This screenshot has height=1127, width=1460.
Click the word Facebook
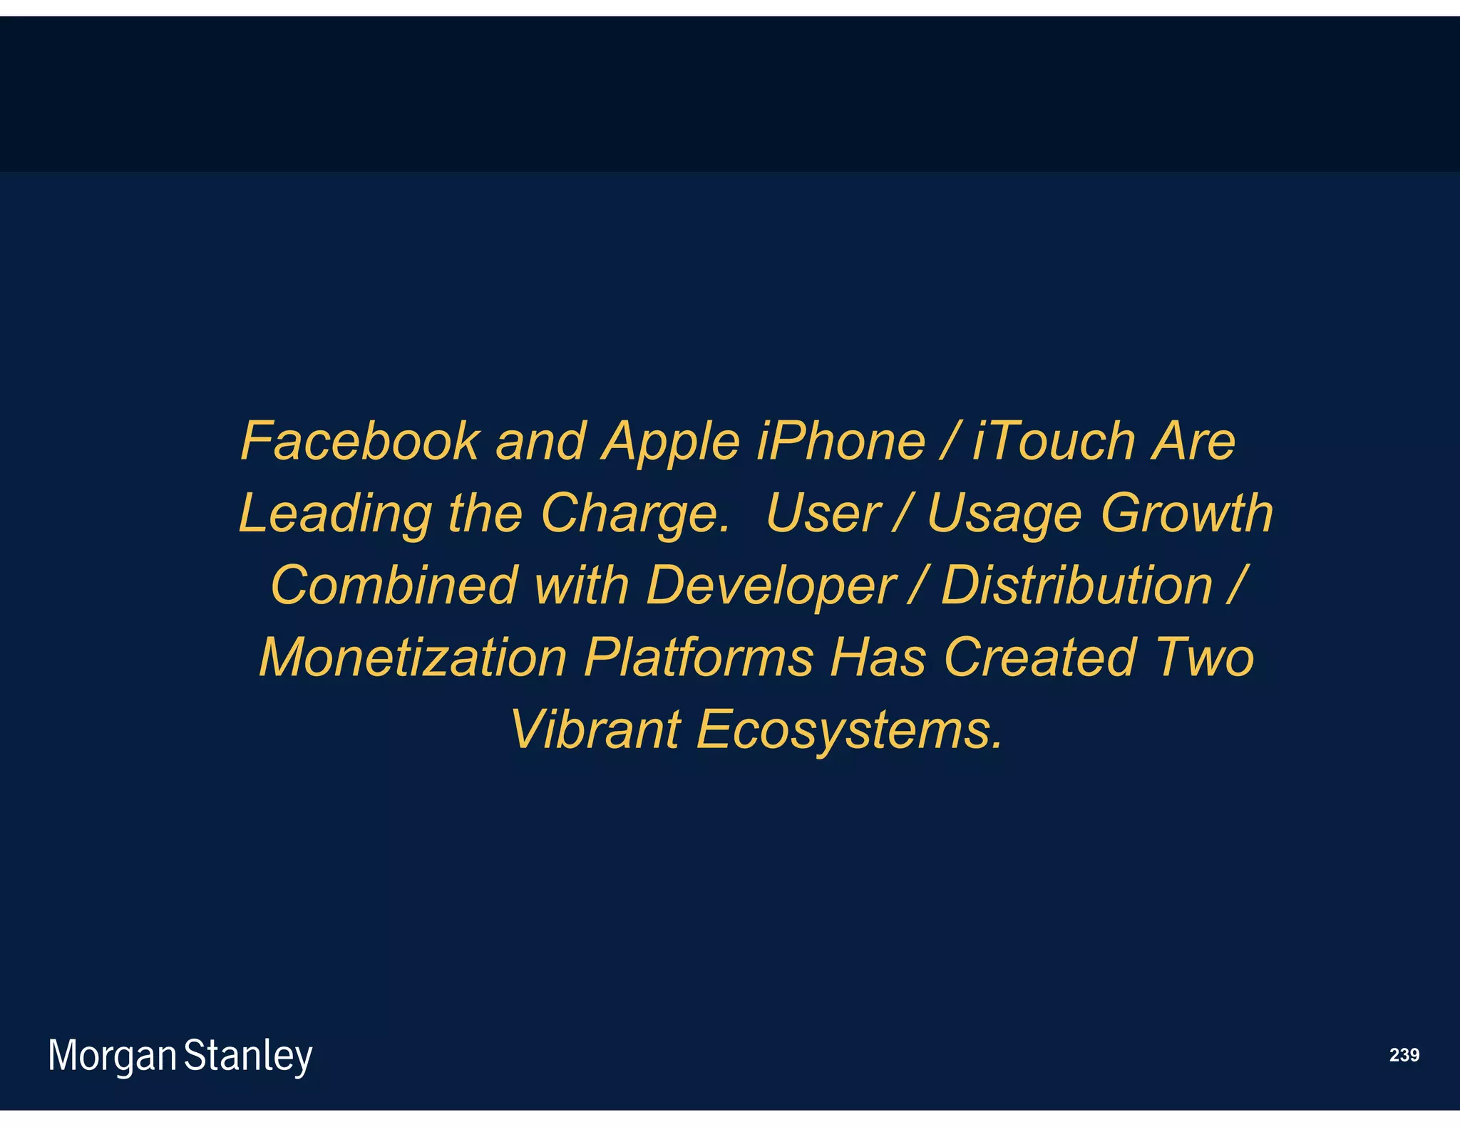click(360, 442)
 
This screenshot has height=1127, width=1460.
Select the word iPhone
click(840, 442)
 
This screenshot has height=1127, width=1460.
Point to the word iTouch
click(1054, 442)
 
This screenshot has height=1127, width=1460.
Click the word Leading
click(335, 515)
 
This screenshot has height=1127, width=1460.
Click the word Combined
click(394, 586)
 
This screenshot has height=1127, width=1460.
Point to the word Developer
click(770, 587)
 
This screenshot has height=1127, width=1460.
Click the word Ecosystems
click(848, 731)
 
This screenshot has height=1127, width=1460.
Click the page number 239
click(1404, 1055)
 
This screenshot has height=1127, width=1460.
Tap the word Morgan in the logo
click(112, 1056)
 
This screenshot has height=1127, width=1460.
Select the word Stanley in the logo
click(248, 1056)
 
